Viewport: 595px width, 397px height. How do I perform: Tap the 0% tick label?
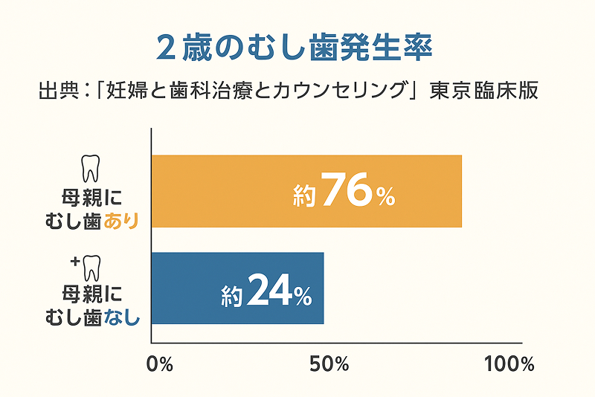[160, 364]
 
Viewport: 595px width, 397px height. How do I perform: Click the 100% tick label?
[509, 364]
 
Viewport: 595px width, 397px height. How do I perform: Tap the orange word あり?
[122, 220]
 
